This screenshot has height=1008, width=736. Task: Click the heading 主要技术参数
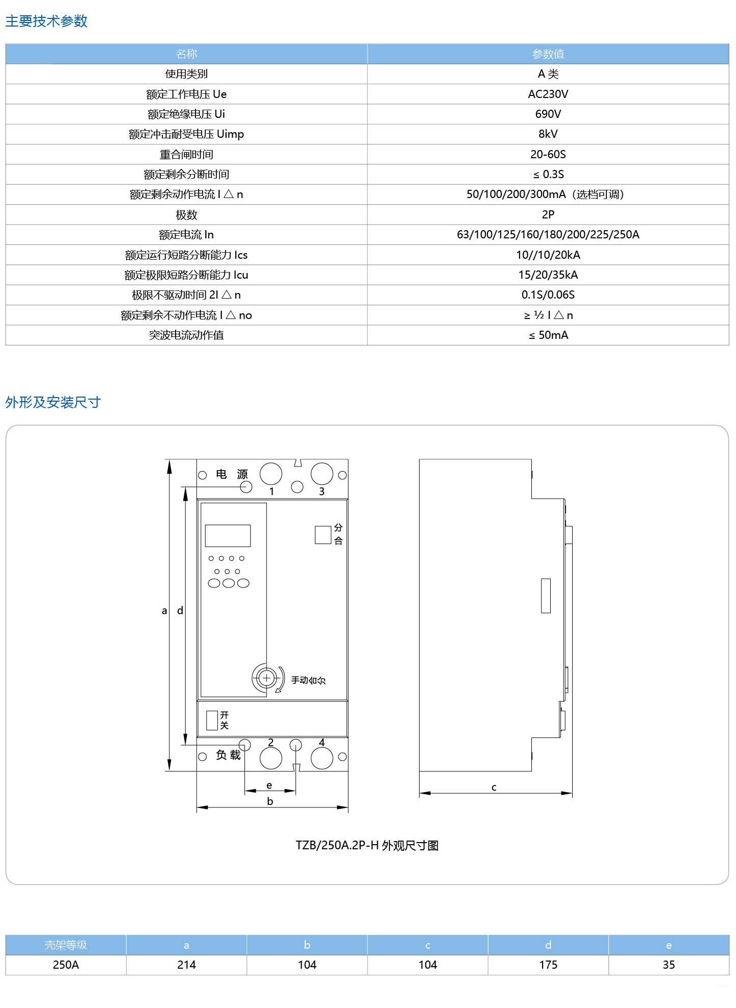(x=46, y=21)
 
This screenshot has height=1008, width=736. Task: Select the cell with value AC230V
(x=548, y=94)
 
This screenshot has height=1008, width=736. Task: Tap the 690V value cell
(x=548, y=114)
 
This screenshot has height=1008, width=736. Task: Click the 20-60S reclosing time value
(x=548, y=154)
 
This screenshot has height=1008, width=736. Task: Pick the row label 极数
(x=186, y=214)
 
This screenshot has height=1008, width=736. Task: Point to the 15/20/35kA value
(x=548, y=275)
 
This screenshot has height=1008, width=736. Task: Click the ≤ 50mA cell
(x=548, y=335)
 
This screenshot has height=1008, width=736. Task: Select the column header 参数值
(x=548, y=54)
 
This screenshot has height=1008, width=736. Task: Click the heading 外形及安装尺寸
(x=53, y=402)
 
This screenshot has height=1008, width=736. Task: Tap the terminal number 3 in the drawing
(x=322, y=491)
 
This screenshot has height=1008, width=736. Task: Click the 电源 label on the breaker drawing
(x=231, y=474)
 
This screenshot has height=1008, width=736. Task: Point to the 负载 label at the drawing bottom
(x=228, y=755)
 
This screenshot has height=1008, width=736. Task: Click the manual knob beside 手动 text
(x=266, y=678)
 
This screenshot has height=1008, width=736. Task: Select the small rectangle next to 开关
(x=212, y=720)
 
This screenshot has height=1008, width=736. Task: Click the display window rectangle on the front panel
(x=228, y=536)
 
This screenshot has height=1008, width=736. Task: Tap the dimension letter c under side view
(x=494, y=787)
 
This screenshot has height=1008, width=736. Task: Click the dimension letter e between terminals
(x=269, y=785)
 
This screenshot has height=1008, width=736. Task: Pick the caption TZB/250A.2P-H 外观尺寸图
(x=367, y=845)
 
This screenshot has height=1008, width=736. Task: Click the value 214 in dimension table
(x=186, y=965)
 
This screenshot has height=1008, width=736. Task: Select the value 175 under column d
(x=548, y=965)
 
